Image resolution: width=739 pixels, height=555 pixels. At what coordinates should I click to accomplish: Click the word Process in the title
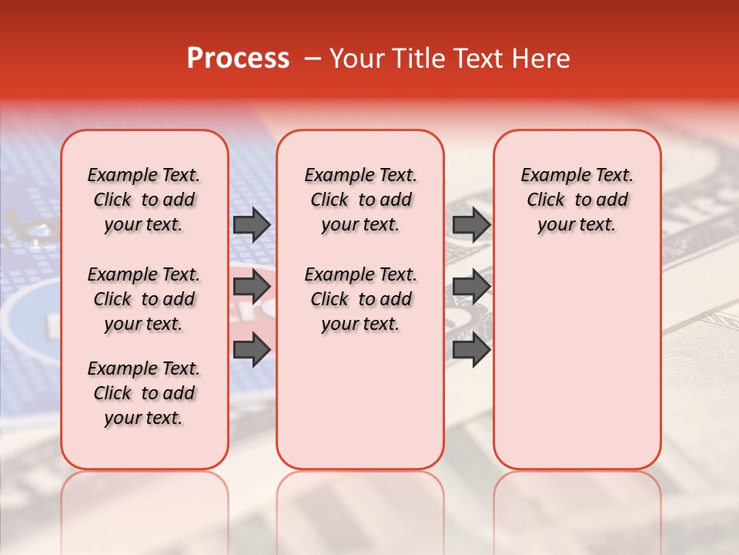[238, 59]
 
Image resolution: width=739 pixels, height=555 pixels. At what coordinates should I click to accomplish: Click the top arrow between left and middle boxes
[252, 224]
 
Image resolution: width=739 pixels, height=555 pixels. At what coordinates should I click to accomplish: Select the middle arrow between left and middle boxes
[252, 287]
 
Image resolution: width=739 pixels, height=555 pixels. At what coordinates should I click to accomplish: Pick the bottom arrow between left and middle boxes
[252, 349]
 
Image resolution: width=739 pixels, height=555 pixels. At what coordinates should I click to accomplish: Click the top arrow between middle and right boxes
[471, 224]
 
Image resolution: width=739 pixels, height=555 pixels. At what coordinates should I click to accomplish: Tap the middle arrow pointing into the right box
[471, 287]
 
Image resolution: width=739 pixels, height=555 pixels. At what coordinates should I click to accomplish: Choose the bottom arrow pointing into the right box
[471, 349]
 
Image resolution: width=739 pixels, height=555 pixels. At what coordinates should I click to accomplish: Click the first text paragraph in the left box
[144, 200]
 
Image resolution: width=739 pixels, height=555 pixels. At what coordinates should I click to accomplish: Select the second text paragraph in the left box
[144, 299]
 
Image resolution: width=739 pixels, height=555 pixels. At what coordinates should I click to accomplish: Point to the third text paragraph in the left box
[144, 393]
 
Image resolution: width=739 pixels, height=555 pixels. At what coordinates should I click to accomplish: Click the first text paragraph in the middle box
[360, 200]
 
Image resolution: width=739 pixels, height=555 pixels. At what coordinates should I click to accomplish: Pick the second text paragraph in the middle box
[360, 299]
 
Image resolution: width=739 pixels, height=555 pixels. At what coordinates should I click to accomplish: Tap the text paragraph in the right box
[577, 200]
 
